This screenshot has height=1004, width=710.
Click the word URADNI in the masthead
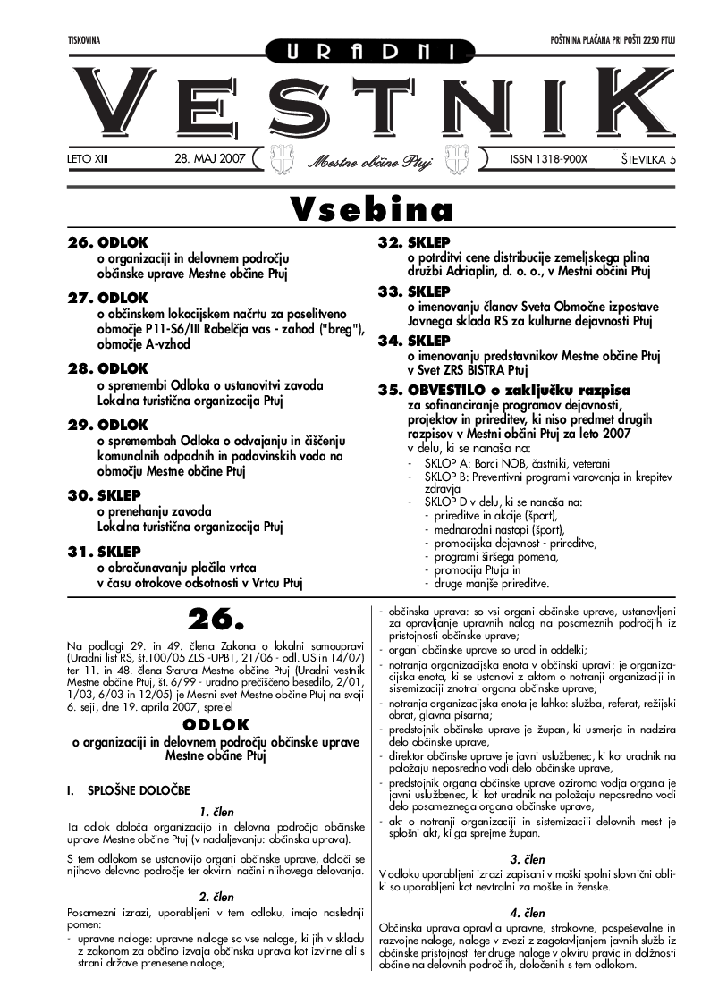click(355, 53)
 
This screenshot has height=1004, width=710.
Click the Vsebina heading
click(370, 209)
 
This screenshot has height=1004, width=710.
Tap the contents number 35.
click(391, 390)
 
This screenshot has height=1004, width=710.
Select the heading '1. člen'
click(216, 812)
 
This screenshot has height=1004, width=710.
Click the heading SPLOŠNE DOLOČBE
click(138, 791)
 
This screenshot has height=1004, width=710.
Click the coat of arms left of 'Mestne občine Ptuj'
click(283, 158)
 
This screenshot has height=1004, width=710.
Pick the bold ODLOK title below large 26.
click(216, 724)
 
